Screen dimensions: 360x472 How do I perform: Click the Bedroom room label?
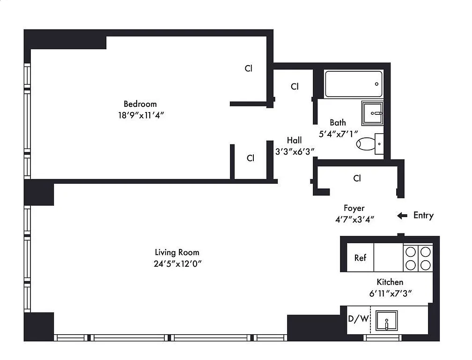(140, 104)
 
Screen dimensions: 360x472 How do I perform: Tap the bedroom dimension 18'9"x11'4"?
(140, 115)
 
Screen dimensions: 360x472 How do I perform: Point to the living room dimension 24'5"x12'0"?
(177, 263)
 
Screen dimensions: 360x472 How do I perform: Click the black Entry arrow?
(402, 216)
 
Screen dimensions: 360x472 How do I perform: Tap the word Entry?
(423, 216)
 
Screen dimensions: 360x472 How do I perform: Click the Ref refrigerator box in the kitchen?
(360, 258)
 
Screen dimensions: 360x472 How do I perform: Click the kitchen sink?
(386, 321)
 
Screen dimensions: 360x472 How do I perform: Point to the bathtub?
(354, 84)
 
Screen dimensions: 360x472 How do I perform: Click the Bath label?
(338, 123)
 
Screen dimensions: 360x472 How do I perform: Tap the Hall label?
(294, 140)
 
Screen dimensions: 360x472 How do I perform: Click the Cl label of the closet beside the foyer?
(357, 178)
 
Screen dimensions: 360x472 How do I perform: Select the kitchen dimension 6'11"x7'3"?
(390, 293)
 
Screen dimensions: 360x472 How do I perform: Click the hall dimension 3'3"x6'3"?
(294, 151)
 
